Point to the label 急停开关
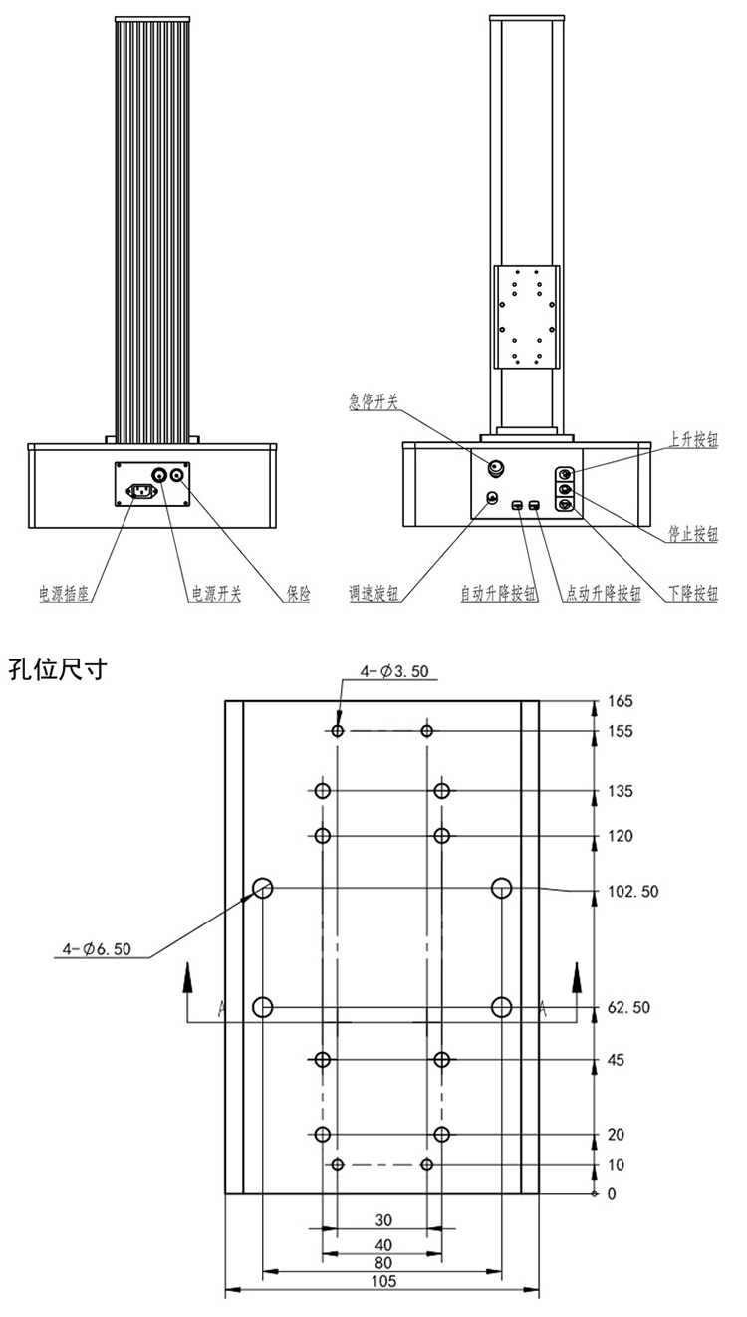[373, 401]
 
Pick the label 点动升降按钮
[603, 594]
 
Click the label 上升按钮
[693, 440]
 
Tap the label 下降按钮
[693, 594]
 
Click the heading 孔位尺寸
[57, 668]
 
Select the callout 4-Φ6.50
[94, 949]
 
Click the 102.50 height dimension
[632, 892]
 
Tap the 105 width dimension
[383, 1282]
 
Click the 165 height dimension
[620, 701]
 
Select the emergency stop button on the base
[496, 466]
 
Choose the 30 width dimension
[383, 1219]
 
